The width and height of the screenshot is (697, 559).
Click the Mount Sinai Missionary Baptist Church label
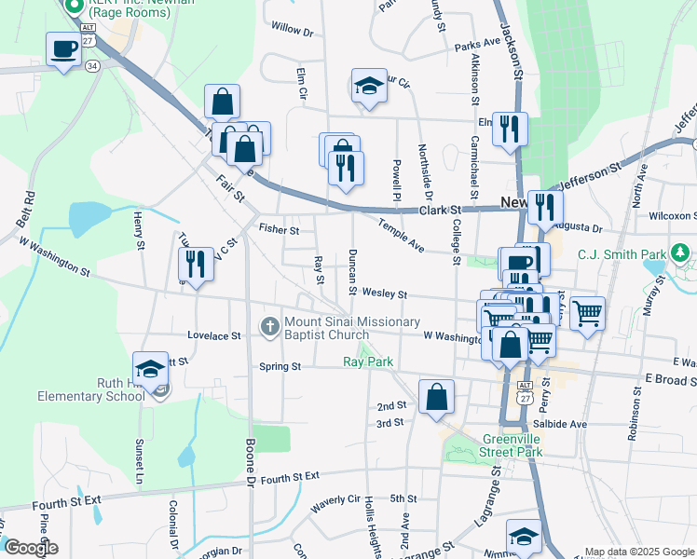click(x=341, y=328)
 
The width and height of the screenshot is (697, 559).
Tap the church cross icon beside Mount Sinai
click(x=269, y=327)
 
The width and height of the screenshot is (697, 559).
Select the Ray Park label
click(x=368, y=361)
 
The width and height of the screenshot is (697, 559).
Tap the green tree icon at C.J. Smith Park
click(x=680, y=252)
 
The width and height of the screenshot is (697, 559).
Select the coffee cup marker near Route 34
click(x=64, y=49)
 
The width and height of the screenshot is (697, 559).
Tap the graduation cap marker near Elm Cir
click(x=369, y=87)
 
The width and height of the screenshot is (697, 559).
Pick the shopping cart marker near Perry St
click(x=587, y=314)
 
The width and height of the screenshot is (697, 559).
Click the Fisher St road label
click(x=279, y=229)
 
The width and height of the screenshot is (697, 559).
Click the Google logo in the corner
click(x=31, y=548)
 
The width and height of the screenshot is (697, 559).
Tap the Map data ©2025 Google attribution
click(x=639, y=552)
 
